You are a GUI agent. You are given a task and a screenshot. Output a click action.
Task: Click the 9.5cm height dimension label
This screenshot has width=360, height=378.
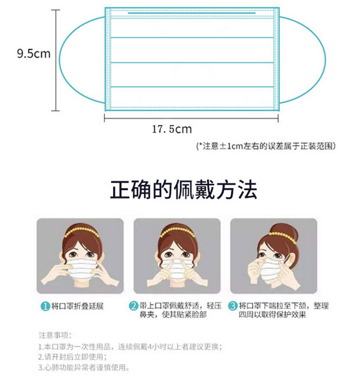34,54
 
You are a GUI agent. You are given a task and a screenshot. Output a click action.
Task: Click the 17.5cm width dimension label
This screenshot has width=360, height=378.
172,129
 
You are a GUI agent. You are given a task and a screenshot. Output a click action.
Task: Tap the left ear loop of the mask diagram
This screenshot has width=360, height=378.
60,61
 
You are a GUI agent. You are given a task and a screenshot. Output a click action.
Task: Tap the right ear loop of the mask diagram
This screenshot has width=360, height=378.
325,61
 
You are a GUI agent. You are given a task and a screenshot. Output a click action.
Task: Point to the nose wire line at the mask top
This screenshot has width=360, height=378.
192,13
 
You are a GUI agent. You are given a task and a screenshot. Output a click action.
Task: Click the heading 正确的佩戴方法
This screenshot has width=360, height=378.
183,190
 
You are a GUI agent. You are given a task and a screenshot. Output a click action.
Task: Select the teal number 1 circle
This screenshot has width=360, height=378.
45,307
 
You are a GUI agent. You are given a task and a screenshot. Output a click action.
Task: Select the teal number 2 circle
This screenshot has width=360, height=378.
133,306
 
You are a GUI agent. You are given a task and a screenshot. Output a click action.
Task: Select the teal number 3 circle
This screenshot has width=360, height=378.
233,306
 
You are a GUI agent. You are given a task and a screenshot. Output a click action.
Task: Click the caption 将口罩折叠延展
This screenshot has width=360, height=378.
77,307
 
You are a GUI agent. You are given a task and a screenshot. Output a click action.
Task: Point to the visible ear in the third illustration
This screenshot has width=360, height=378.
289,260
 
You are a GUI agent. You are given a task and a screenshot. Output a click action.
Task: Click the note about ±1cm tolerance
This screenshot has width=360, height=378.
266,146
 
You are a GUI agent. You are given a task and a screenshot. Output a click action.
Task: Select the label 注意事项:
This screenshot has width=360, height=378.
55,335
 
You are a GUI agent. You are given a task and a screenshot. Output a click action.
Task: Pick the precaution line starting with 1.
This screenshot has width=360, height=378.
130,347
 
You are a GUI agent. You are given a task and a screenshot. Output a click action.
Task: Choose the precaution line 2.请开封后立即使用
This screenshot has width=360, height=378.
72,357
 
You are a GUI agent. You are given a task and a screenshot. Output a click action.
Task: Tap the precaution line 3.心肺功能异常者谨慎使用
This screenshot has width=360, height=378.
84,368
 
